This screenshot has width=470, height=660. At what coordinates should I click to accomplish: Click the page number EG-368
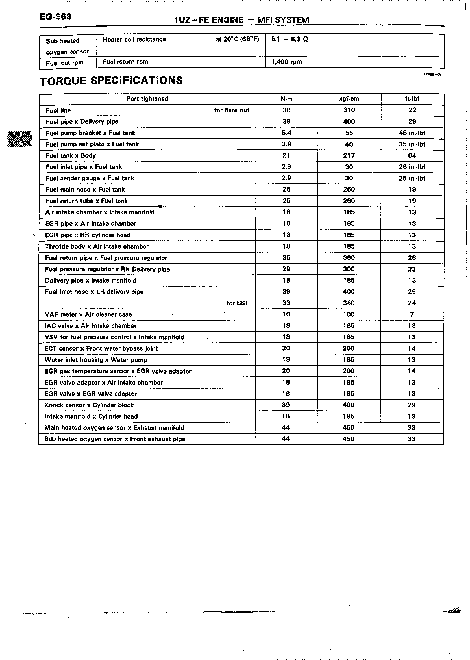coord(55,17)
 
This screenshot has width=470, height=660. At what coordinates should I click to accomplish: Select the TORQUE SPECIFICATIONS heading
coord(111,81)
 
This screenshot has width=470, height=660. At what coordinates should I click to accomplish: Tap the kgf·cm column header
coord(349,99)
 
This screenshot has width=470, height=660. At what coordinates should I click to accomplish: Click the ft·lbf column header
coord(412,99)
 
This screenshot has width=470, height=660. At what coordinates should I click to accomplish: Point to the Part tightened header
coord(147,99)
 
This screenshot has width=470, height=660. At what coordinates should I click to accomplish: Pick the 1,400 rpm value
coord(286,62)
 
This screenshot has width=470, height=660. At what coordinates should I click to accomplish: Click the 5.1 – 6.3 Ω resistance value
coord(290,39)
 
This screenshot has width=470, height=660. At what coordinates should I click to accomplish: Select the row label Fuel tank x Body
coord(71,156)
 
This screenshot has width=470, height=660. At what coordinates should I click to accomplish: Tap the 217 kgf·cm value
coord(349,156)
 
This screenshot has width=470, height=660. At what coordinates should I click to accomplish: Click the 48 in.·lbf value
coord(412,133)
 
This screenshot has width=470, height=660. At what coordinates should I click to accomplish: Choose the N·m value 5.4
coord(286,133)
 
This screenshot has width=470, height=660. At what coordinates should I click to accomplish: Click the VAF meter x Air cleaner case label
coord(88,315)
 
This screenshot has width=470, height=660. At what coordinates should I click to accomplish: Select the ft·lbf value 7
coord(412,315)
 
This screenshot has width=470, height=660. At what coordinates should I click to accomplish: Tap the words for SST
coord(237,303)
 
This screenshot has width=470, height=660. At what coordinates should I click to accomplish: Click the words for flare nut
coord(232,110)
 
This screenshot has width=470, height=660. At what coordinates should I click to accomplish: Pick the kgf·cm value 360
coord(349,258)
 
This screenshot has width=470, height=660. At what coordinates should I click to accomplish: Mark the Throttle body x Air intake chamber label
coord(97,247)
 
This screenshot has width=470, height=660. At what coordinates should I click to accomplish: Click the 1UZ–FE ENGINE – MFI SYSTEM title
coord(241,20)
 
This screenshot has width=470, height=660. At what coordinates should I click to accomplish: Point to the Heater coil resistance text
coord(134,40)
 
